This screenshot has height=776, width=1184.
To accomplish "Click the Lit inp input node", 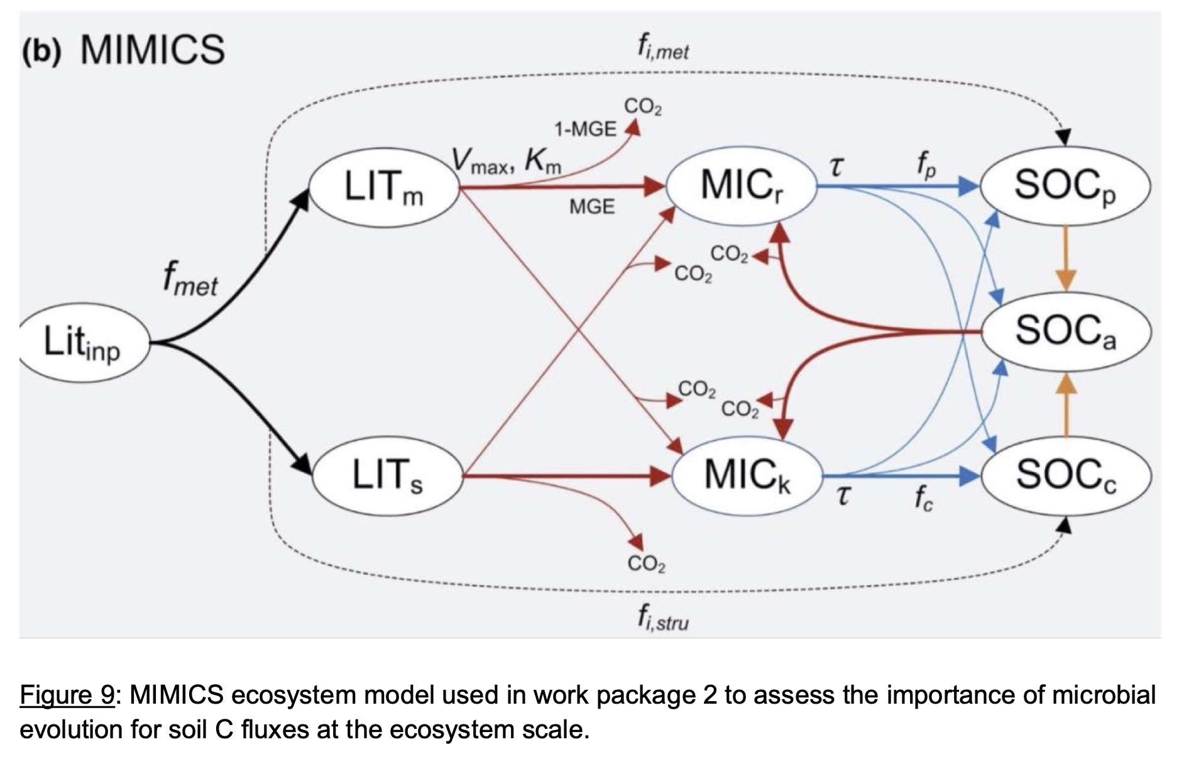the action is [84, 343].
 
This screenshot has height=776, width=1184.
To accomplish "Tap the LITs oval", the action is [387, 475].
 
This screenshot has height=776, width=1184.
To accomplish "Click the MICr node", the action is [741, 187].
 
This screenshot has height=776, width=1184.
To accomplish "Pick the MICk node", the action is [747, 475].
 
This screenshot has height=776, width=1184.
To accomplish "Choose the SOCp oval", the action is [1065, 186].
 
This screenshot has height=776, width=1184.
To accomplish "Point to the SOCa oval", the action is [1066, 331].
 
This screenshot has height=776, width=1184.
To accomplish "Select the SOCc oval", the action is [1066, 475].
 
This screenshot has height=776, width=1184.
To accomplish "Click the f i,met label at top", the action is [663, 47].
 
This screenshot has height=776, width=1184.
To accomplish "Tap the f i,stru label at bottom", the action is [662, 618].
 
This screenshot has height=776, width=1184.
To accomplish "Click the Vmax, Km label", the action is [507, 161].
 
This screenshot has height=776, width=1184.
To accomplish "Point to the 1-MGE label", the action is [584, 129].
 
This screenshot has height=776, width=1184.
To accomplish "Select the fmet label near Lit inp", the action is [189, 279].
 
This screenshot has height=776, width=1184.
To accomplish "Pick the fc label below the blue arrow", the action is [924, 498].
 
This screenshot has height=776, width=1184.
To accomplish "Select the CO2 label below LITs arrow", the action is [647, 563].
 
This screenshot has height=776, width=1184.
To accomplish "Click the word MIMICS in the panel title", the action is [153, 49].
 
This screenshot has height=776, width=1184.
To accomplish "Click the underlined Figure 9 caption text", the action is [67, 696].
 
